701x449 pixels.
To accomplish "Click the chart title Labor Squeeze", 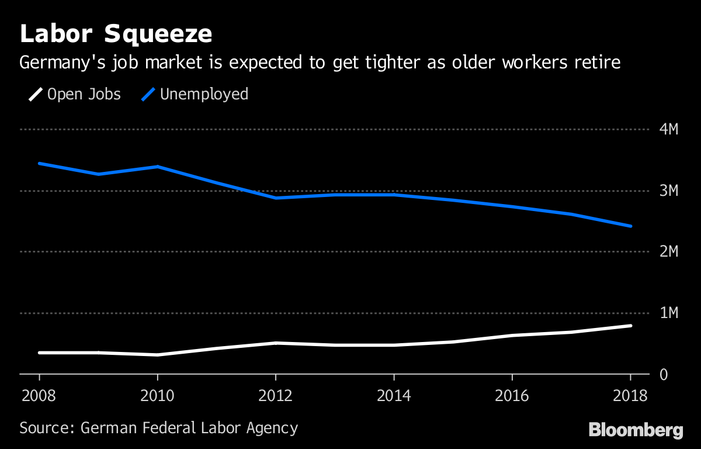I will click(116, 34).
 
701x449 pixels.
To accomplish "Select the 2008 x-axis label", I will click(39, 396).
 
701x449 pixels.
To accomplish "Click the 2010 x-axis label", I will click(158, 396).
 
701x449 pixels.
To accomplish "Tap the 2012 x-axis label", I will click(276, 396).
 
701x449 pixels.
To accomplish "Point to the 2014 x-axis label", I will click(394, 396).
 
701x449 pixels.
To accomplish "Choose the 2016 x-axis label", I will click(512, 396).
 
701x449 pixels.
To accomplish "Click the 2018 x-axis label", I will click(630, 396).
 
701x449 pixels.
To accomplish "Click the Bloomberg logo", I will click(636, 430).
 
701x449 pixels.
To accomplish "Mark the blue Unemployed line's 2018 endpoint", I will click(630, 226).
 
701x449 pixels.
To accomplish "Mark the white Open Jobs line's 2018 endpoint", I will click(630, 326).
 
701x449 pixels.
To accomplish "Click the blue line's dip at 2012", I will click(276, 198).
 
